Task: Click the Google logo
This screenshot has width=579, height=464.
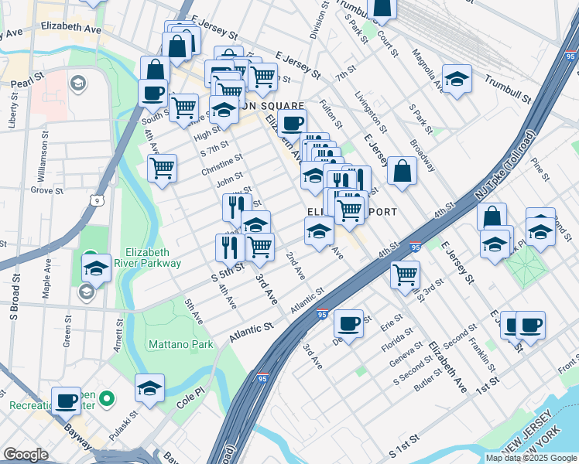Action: click(26, 455)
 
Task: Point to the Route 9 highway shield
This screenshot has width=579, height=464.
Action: click(95, 200)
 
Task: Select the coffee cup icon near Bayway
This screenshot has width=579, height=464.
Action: click(67, 401)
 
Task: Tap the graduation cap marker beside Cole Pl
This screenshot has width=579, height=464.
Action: click(149, 388)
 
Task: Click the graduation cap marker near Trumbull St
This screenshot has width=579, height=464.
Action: click(457, 78)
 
